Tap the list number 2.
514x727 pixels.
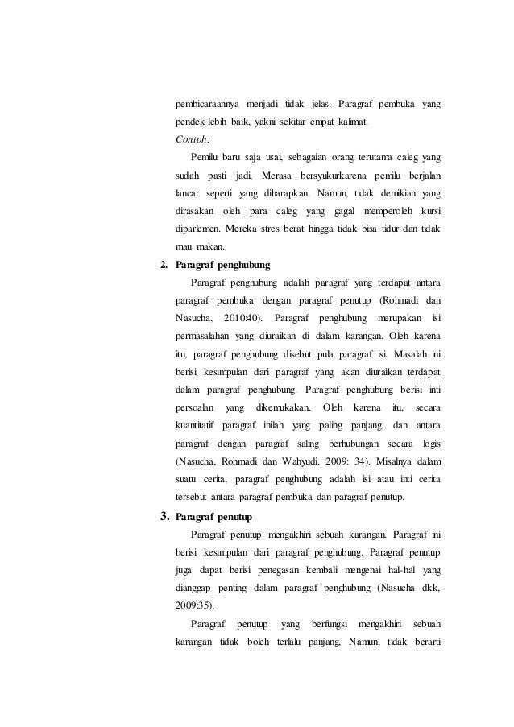pos(164,264)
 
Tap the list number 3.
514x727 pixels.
pos(164,515)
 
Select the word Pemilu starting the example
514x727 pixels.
pos(206,157)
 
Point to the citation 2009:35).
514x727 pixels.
pos(197,605)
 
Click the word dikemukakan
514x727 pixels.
pos(283,407)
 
